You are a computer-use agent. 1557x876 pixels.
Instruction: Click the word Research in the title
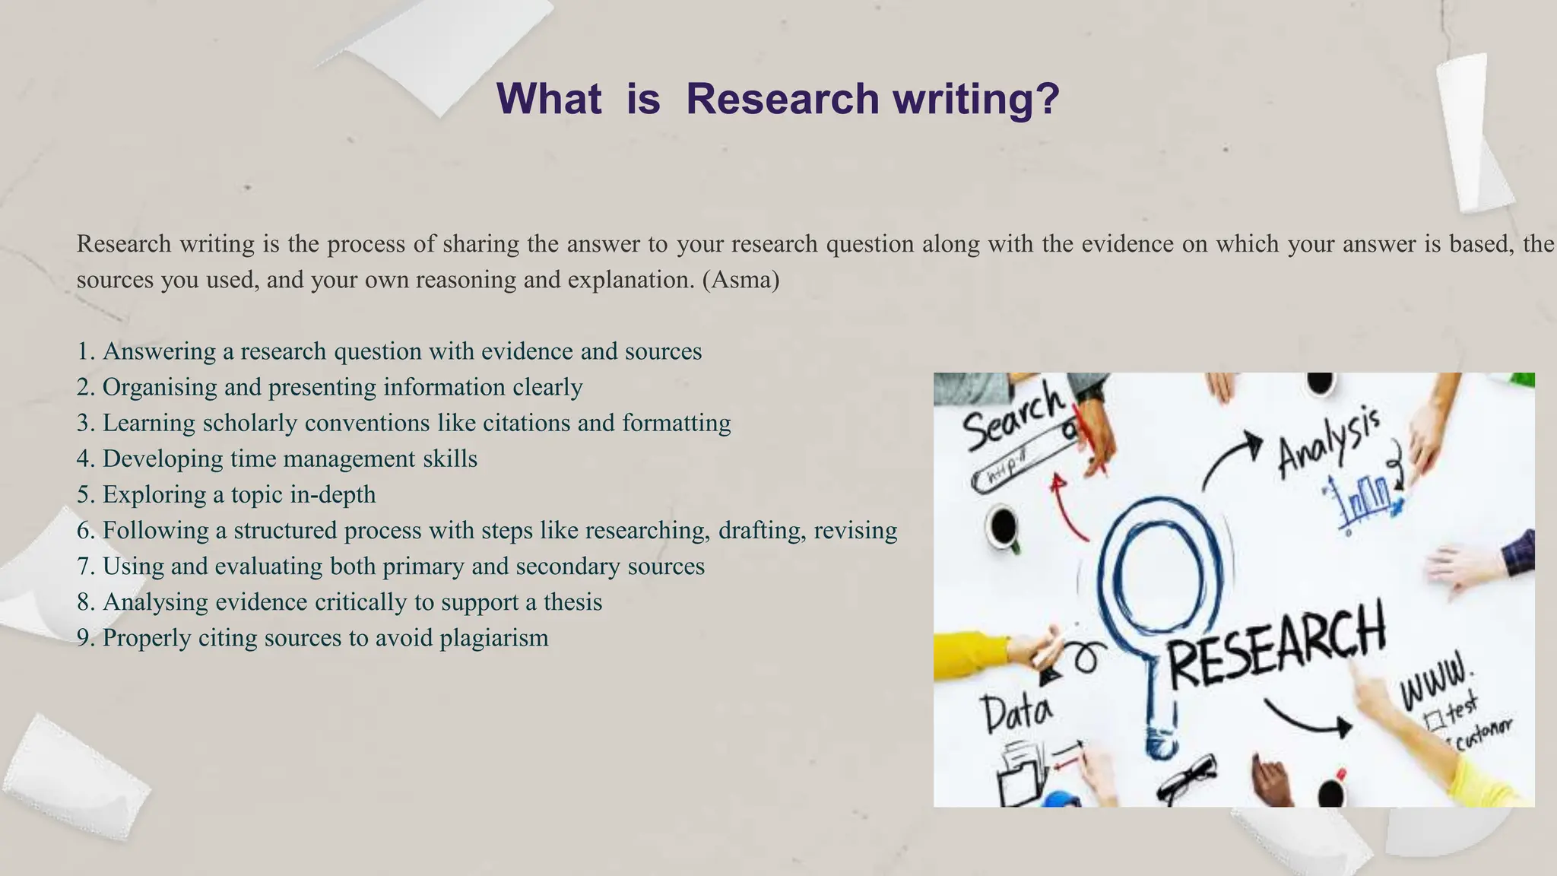pos(782,99)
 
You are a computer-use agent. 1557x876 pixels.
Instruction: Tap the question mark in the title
pos(1048,99)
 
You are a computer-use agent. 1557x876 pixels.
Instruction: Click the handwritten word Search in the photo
pos(1013,418)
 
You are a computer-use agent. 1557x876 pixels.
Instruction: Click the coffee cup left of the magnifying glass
pos(1004,526)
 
